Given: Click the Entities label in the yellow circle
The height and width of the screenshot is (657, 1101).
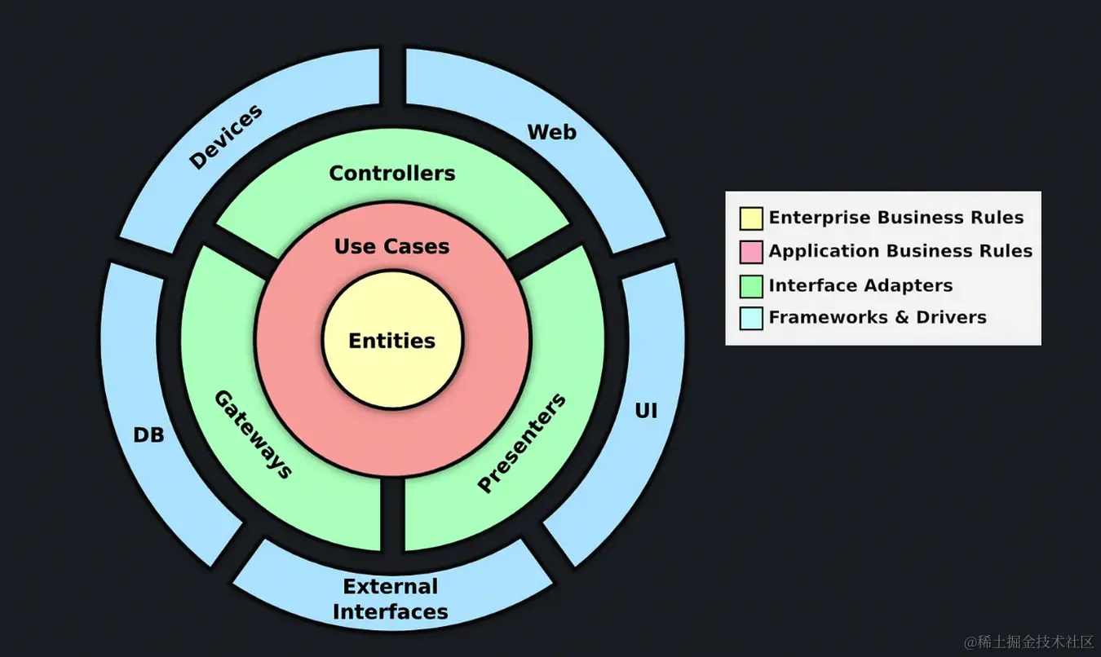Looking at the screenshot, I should coord(391,341).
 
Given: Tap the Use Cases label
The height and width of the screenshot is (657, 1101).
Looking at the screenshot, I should coord(391,246).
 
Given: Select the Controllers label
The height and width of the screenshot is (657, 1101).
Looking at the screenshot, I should coord(391,173).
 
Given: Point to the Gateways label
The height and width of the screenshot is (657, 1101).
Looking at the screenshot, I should coord(253,434).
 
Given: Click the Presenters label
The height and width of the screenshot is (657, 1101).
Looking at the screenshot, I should coord(521,443).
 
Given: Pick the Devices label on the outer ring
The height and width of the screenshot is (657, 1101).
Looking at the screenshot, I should coord(226,136).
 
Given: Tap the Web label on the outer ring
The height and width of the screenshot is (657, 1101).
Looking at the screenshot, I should coord(551,132).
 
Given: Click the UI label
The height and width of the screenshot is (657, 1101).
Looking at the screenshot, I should coord(646,412).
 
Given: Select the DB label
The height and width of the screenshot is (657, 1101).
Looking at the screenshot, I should coord(148,435).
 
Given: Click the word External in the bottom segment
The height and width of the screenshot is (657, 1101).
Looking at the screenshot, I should coord(390,587).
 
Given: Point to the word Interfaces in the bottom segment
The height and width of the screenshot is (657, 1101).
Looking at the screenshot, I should coord(390,611).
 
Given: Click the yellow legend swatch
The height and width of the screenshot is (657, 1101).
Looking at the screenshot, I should coord(751,218).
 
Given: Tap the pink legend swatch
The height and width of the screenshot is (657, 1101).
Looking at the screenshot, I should coord(751,252).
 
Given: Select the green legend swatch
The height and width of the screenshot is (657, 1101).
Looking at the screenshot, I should coord(751,286).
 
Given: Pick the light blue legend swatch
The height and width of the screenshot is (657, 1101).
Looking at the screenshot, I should coord(751,318).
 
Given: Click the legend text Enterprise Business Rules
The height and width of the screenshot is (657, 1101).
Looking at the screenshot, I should coord(895,218).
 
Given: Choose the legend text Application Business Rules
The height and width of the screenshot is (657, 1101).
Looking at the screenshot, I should coord(900,251).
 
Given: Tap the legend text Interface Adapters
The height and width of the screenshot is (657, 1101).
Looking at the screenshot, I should coord(860,285).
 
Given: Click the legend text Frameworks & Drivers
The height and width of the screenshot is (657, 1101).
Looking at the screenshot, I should coord(878,317).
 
